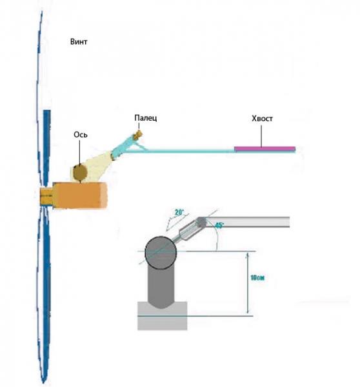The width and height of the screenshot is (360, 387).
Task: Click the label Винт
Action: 79,42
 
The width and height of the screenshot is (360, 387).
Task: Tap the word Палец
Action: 145,118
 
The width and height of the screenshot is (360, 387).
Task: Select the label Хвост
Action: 262,119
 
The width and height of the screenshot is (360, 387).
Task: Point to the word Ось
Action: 81,135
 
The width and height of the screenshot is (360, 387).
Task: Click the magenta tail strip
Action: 265,148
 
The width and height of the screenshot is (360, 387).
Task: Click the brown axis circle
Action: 80,173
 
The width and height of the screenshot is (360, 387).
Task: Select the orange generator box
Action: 80,195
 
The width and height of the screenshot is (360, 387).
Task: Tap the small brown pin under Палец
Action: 138,135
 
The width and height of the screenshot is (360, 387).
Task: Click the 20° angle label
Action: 179,212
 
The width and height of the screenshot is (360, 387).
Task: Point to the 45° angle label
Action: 219,226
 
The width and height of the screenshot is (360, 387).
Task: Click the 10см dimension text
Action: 257,277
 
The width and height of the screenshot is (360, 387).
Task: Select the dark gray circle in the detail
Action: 161,252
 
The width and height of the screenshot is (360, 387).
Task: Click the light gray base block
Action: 162,316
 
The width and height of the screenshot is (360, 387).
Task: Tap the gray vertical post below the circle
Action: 161,286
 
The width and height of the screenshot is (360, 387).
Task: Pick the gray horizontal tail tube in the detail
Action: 245,222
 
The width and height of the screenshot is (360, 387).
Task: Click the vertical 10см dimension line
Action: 248,283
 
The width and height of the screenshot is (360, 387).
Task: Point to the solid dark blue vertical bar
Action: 47,148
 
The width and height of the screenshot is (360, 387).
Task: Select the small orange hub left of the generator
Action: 46,195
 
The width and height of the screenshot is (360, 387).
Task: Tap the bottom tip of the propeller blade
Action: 44,382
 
